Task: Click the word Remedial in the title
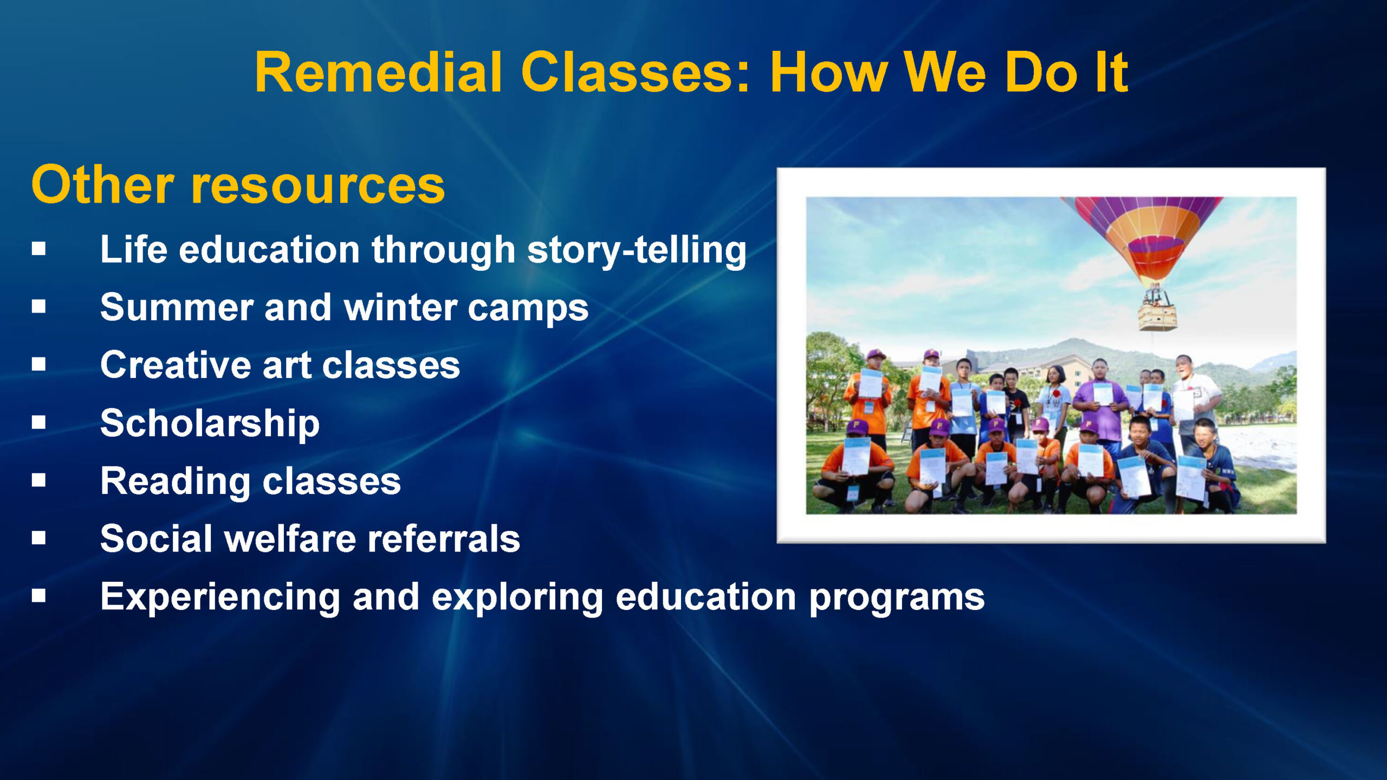point(379,73)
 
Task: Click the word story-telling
point(637,251)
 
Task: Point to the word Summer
point(177,307)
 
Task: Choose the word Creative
point(175,365)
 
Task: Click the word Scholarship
point(210,424)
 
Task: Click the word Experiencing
point(221,597)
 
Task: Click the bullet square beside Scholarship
point(38,422)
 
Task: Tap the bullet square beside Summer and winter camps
point(38,306)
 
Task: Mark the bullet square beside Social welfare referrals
point(38,538)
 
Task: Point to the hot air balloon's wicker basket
point(1158,316)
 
